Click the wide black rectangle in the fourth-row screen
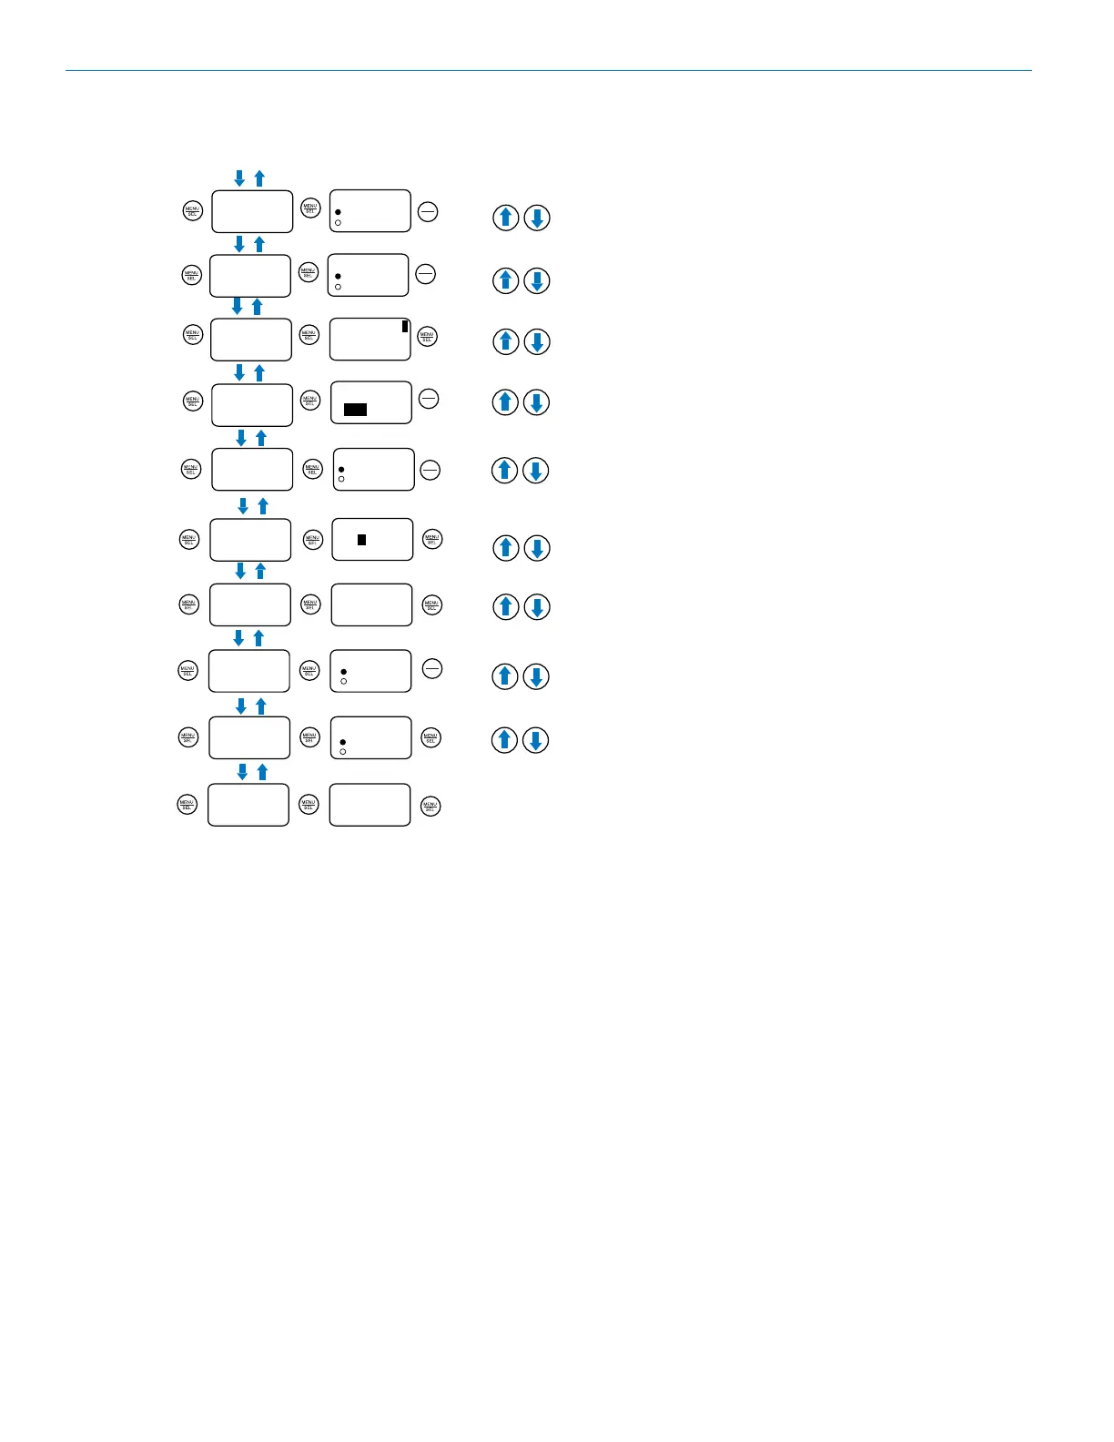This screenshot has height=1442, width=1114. click(355, 410)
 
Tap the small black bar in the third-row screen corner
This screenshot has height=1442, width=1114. click(405, 326)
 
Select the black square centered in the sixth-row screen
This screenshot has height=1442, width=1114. click(361, 540)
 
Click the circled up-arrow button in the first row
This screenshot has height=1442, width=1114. click(506, 218)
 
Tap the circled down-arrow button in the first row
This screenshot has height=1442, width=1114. click(537, 218)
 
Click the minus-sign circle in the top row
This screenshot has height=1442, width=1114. click(428, 212)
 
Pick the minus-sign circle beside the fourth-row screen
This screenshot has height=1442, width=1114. click(428, 398)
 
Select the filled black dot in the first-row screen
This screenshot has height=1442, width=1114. click(338, 212)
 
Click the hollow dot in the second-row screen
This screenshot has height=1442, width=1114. click(338, 287)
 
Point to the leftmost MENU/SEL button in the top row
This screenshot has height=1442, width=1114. click(193, 210)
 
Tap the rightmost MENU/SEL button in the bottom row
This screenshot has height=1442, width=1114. click(430, 806)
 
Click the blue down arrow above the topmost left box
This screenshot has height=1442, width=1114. click(239, 178)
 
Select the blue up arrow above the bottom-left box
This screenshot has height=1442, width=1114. click(262, 772)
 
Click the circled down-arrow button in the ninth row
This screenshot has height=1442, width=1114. click(536, 740)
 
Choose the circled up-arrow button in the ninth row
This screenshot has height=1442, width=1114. click(505, 740)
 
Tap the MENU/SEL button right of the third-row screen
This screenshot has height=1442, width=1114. click(427, 337)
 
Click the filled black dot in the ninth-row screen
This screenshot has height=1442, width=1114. click(342, 742)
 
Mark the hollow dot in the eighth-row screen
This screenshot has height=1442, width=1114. click(343, 681)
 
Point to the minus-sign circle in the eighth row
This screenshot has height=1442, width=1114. click(432, 669)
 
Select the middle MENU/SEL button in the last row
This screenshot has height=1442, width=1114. click(309, 805)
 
